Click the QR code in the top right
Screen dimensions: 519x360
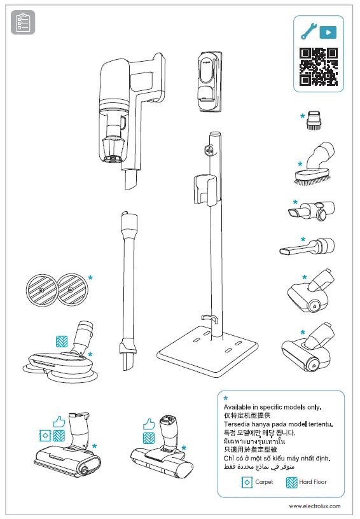pyautogui.click(x=318, y=67)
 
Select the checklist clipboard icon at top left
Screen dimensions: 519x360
pyautogui.click(x=23, y=24)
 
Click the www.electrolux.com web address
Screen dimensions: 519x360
pyautogui.click(x=314, y=506)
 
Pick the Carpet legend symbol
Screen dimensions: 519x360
pyautogui.click(x=247, y=482)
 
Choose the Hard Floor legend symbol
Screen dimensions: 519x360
pyautogui.click(x=291, y=482)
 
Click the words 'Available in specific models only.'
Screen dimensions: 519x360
pyautogui.click(x=272, y=406)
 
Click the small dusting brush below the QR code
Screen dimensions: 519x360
pyautogui.click(x=313, y=120)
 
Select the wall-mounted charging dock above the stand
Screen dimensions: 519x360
pyautogui.click(x=209, y=80)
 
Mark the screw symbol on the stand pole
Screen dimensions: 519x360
pyautogui.click(x=208, y=151)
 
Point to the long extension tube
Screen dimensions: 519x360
pyautogui.click(x=127, y=286)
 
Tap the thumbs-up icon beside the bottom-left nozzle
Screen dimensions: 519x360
pyautogui.click(x=59, y=421)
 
